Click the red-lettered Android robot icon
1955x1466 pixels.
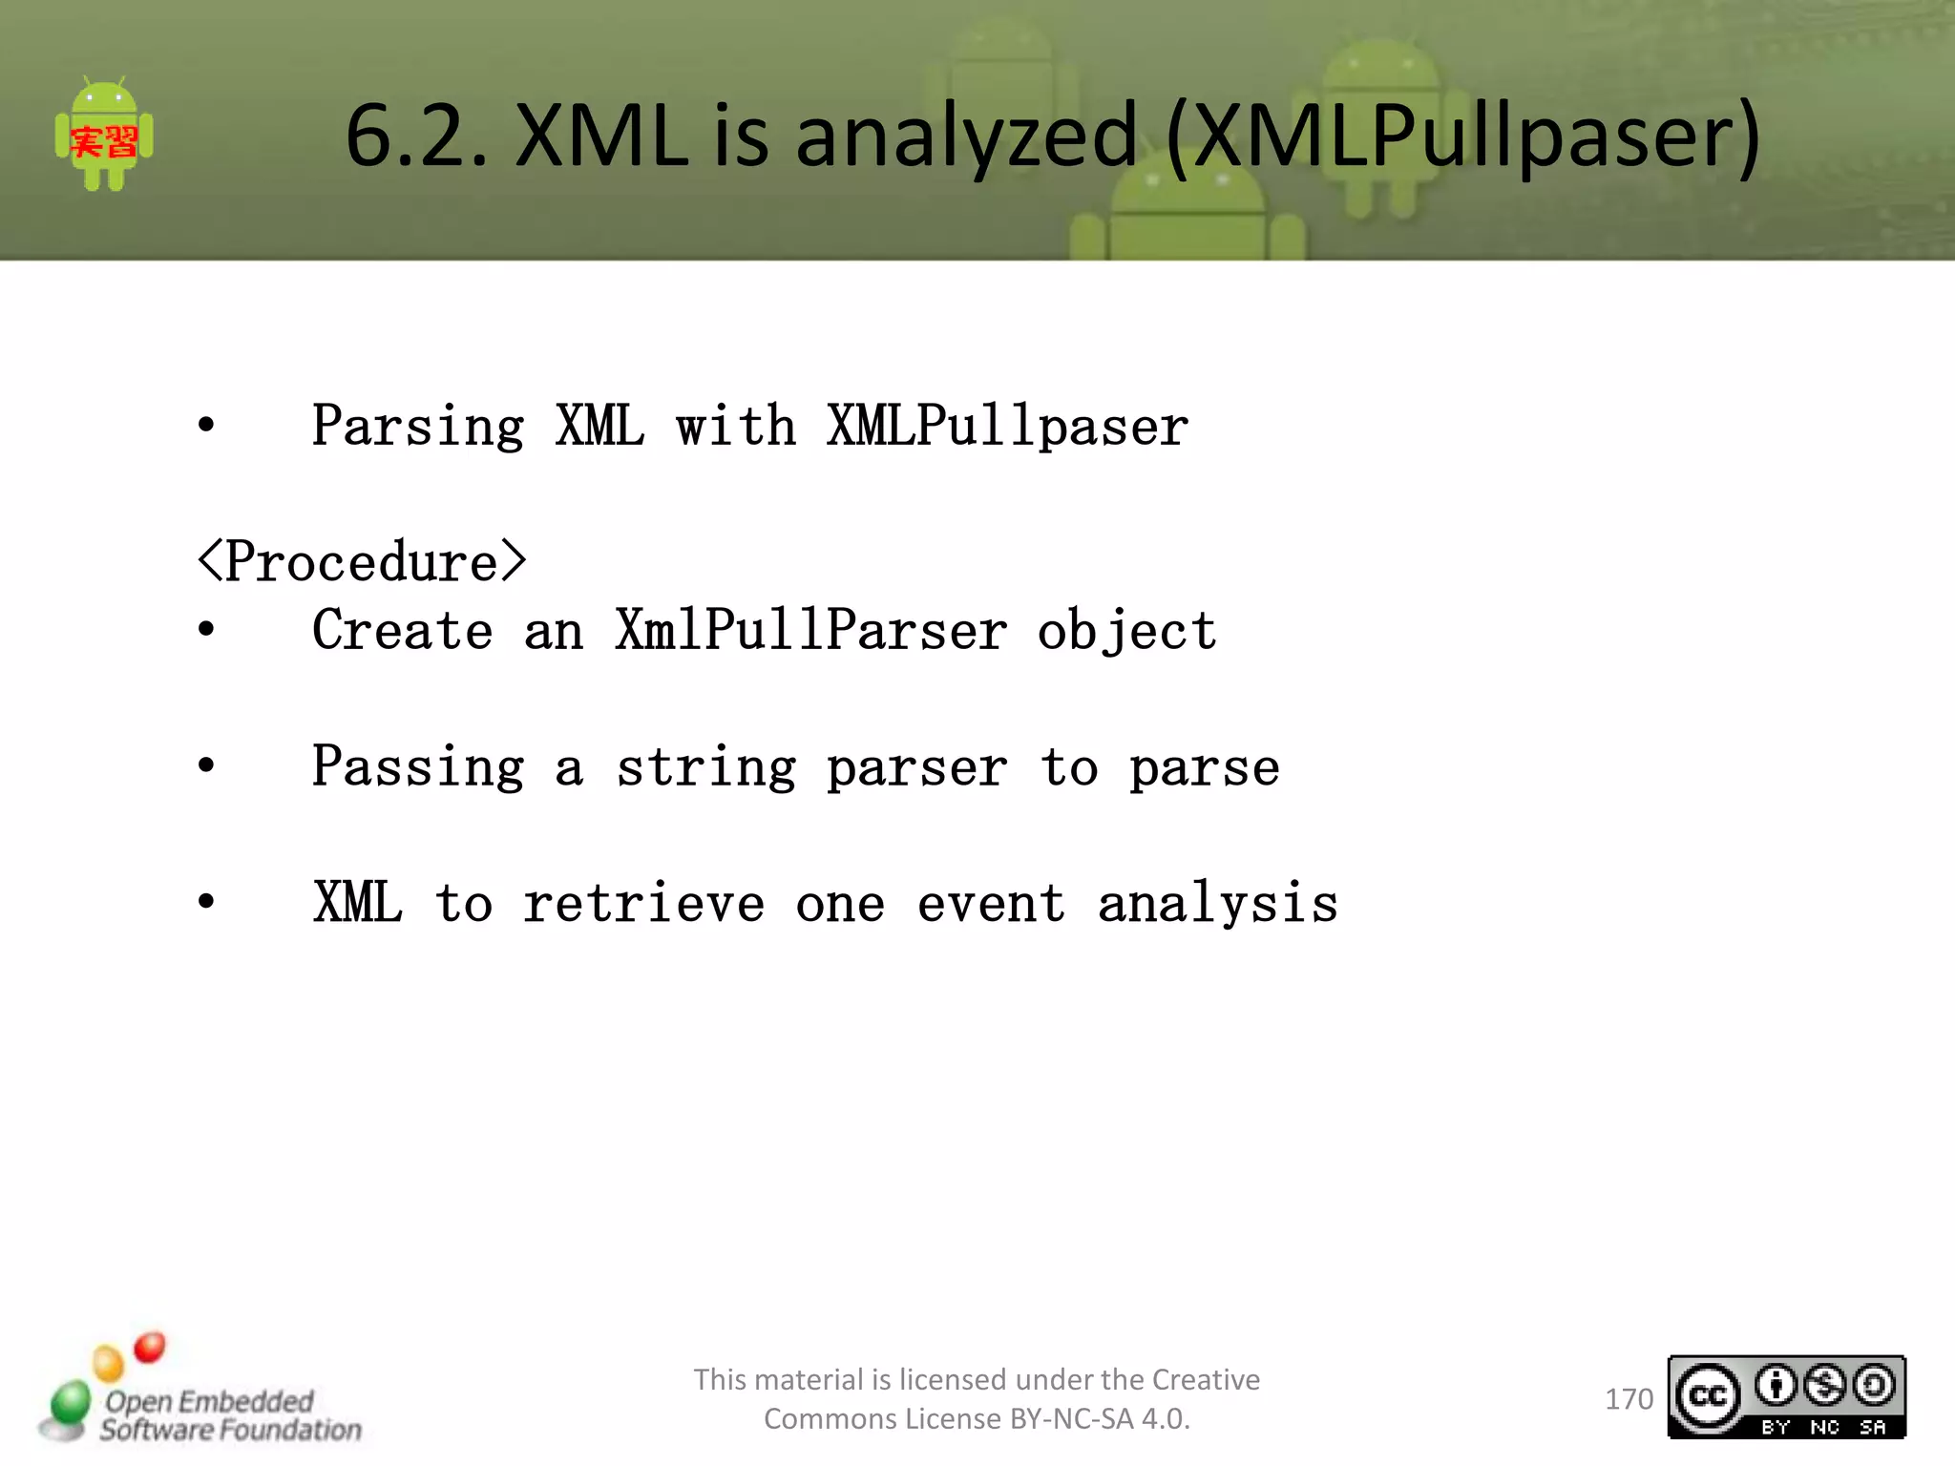pyautogui.click(x=104, y=136)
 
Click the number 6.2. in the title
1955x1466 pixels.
pyautogui.click(x=417, y=136)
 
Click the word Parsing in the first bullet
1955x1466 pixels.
pyautogui.click(x=418, y=427)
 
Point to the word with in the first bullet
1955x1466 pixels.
pyautogui.click(x=735, y=426)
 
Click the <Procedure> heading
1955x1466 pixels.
pyautogui.click(x=362, y=561)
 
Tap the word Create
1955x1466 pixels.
pyautogui.click(x=402, y=631)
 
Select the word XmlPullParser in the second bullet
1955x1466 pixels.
pyautogui.click(x=810, y=631)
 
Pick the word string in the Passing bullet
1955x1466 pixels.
pyautogui.click(x=705, y=768)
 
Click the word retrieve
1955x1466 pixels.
pyautogui.click(x=643, y=903)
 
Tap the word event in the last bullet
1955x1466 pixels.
pyautogui.click(x=991, y=903)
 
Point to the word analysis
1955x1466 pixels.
pyautogui.click(x=1217, y=903)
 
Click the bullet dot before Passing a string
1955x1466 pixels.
pyautogui.click(x=206, y=766)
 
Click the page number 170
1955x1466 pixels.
pyautogui.click(x=1629, y=1399)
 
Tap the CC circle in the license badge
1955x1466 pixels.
pyautogui.click(x=1708, y=1396)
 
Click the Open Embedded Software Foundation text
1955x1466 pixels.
pyautogui.click(x=229, y=1415)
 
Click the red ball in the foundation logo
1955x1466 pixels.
pyautogui.click(x=150, y=1348)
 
